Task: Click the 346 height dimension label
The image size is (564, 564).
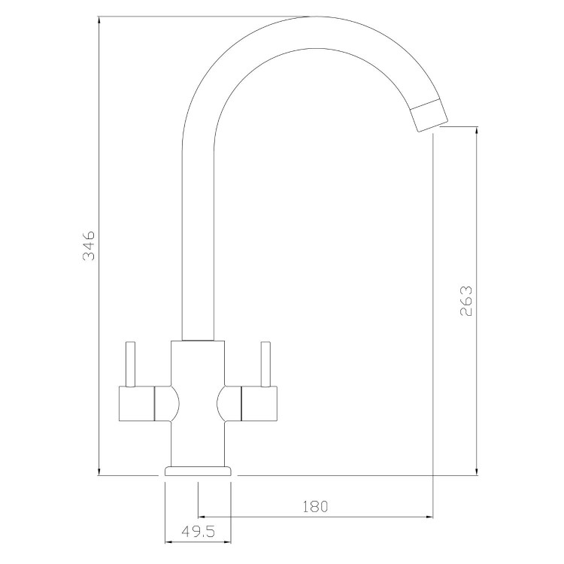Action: tap(89, 246)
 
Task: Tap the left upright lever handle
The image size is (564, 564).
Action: tap(130, 365)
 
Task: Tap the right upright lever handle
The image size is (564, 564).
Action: tap(264, 365)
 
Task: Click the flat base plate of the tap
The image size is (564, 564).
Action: tap(198, 471)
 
